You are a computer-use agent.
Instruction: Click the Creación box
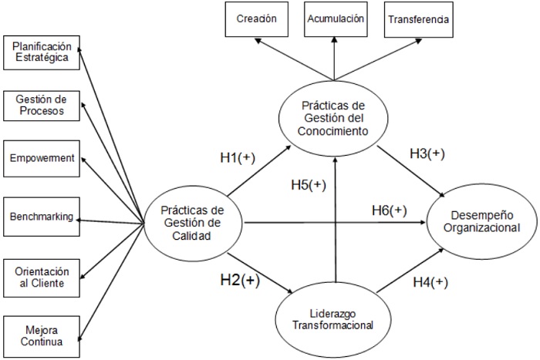click(256, 19)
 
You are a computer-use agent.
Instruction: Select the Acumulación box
click(334, 19)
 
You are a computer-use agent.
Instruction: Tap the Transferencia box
click(417, 19)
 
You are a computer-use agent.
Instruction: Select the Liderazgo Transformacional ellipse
click(333, 319)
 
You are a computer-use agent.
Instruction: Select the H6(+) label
click(390, 210)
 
